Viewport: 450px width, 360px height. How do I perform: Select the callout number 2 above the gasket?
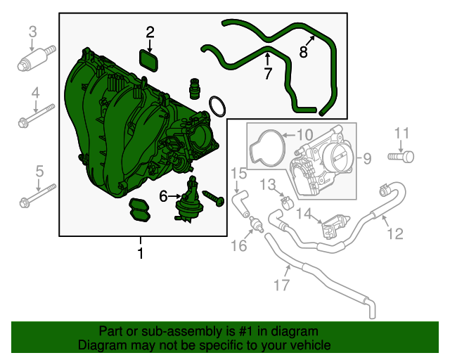150,32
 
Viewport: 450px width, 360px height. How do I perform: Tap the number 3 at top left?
32,31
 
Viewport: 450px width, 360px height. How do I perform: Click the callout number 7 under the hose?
268,74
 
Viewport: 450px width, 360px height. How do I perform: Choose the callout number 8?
304,51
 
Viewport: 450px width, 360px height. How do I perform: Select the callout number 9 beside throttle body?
366,159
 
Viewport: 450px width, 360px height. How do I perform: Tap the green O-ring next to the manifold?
218,108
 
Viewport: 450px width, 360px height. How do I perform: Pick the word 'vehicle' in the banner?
309,345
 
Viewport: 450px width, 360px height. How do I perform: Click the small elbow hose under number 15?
241,201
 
